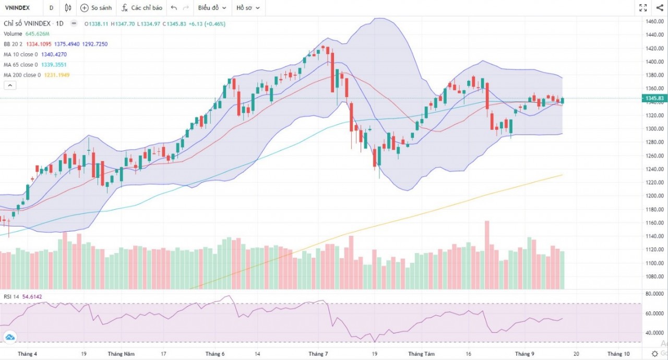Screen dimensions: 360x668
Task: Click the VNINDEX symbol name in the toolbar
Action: click(17, 8)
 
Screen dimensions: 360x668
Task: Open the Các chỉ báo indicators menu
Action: click(141, 8)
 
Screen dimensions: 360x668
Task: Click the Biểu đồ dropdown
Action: click(212, 8)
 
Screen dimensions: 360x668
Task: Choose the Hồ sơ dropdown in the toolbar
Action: click(247, 8)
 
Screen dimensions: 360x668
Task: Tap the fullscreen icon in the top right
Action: click(643, 8)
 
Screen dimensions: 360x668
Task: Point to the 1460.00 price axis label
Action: click(654, 21)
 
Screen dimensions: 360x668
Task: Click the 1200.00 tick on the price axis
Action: click(654, 210)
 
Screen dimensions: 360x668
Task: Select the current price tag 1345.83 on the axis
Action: click(654, 98)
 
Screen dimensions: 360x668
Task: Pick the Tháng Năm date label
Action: click(121, 354)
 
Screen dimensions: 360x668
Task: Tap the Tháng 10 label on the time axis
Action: click(618, 354)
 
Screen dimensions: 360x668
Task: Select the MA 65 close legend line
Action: click(21, 65)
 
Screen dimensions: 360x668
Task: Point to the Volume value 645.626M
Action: click(38, 34)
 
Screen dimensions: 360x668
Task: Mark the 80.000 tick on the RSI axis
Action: click(654, 294)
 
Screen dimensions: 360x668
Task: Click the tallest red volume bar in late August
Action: click(487, 255)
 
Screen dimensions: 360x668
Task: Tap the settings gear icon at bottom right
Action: click(655, 354)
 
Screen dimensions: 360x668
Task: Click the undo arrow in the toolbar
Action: click(174, 8)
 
